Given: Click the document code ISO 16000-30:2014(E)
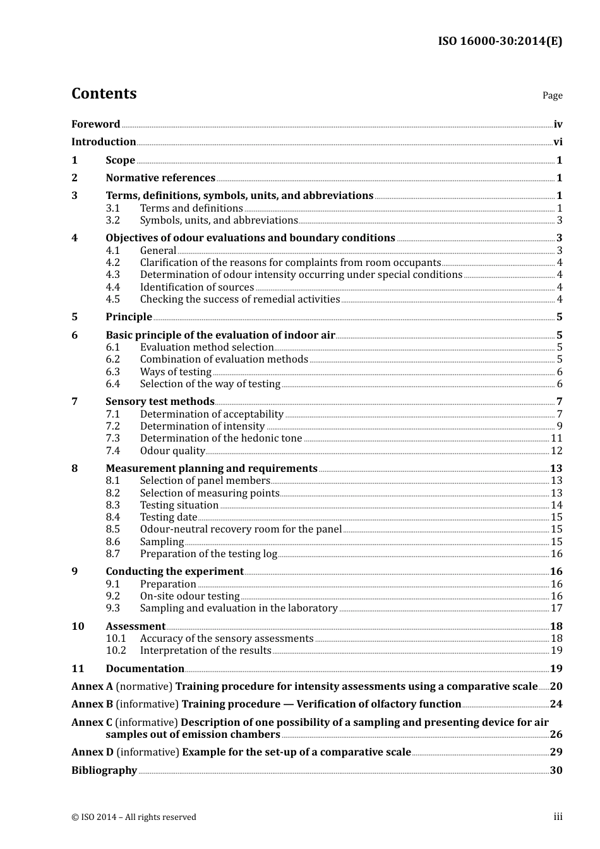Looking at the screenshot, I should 500,41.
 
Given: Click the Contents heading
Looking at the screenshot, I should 104,93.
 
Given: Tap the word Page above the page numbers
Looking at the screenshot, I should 552,95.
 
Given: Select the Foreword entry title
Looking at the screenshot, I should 95,124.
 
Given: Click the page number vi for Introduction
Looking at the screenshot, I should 558,142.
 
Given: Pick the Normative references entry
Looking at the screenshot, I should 160,178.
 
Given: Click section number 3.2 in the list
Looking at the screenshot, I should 113,220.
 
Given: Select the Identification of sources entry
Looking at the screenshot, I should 197,287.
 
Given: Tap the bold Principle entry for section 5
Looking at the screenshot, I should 129,317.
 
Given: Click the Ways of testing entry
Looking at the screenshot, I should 176,372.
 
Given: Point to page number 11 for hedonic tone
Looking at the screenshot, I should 556,438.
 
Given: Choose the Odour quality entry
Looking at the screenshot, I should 172,451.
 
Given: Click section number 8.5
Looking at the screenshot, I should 113,529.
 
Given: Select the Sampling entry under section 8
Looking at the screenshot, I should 162,542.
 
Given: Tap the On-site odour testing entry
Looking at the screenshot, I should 189,596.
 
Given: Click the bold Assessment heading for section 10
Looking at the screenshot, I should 135,627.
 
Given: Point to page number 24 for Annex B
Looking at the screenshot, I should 556,704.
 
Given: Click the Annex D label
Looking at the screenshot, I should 92,752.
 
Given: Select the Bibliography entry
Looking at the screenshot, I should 104,771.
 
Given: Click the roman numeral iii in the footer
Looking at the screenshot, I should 558,817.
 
